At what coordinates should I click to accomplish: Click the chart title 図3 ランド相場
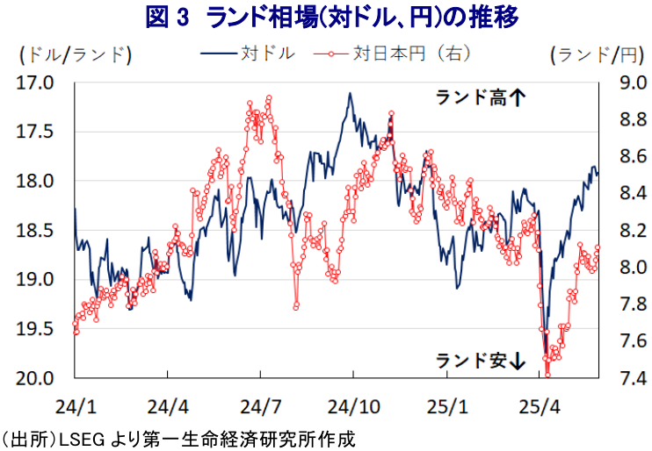pyautogui.click(x=326, y=18)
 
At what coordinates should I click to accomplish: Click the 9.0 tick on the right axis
pyautogui.click(x=621, y=83)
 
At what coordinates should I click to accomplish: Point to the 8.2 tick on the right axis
pyautogui.click(x=621, y=231)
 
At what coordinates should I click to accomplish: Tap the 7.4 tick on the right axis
pyautogui.click(x=621, y=378)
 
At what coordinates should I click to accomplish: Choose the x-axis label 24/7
pyautogui.click(x=260, y=406)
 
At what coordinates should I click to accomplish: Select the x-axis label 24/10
pyautogui.click(x=352, y=406)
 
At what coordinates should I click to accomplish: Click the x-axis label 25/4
pyautogui.click(x=540, y=406)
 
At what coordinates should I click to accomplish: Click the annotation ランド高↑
pyautogui.click(x=481, y=98)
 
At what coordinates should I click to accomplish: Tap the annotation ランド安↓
pyautogui.click(x=481, y=359)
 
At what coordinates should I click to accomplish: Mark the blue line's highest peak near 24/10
pyautogui.click(x=350, y=93)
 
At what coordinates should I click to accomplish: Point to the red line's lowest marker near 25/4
pyautogui.click(x=547, y=374)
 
